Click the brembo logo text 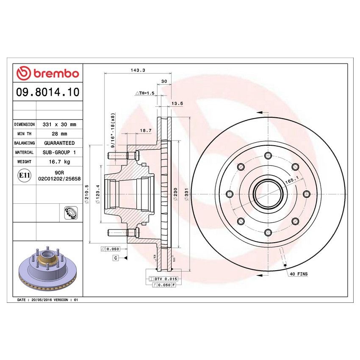(x=47, y=73)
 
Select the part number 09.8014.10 (x=47, y=92)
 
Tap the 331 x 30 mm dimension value (x=59, y=125)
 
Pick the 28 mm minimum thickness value (x=59, y=134)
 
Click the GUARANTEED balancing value (x=59, y=143)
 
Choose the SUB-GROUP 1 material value (x=59, y=152)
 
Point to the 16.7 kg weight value (x=59, y=162)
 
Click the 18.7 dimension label (x=146, y=131)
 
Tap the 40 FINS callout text (x=299, y=274)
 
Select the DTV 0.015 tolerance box (x=164, y=279)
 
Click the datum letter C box (x=115, y=258)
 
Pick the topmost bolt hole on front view (x=268, y=156)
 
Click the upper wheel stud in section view (x=122, y=155)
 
